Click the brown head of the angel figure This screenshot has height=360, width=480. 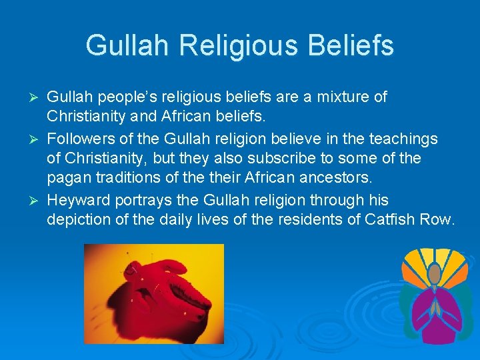(434, 272)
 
